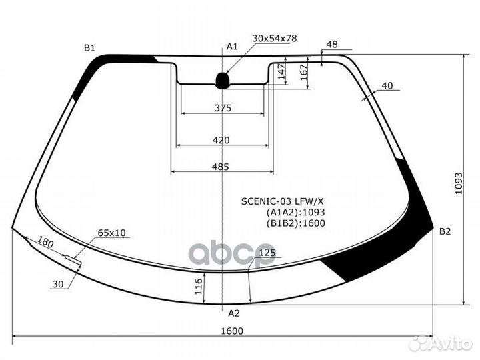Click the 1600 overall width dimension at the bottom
point(232,331)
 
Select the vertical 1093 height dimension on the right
point(459,183)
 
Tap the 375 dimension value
point(223,108)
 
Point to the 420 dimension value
point(221,140)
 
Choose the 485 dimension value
point(221,167)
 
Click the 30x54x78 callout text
point(275,38)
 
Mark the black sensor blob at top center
point(223,81)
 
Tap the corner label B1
point(90,48)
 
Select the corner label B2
point(445,231)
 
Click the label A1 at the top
point(232,47)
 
